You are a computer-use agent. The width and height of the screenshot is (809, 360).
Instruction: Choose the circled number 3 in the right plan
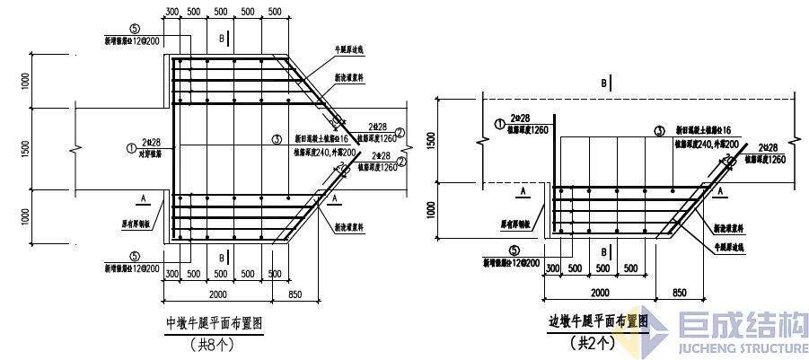point(659,130)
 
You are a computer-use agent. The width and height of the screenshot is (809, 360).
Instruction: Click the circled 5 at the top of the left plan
point(133,29)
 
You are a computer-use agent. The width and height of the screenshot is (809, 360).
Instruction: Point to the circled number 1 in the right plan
point(498,124)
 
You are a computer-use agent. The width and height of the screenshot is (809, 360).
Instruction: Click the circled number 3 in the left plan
point(277,139)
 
